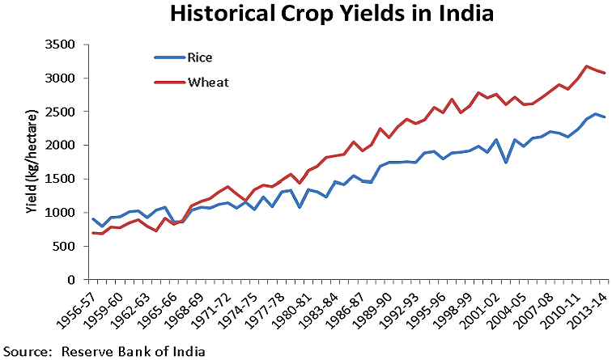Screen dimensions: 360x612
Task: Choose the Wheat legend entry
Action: (206, 82)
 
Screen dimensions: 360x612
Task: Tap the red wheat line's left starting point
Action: (93, 233)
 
